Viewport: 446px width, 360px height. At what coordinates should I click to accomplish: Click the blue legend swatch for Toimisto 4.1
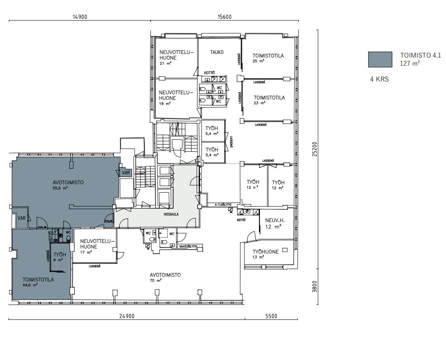point(380,59)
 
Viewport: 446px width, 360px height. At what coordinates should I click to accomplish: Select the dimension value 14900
point(80,17)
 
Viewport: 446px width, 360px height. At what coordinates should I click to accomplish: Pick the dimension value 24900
point(127,316)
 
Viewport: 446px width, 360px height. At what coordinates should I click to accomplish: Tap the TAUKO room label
point(217,52)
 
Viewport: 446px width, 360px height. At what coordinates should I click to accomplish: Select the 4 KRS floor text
point(379,80)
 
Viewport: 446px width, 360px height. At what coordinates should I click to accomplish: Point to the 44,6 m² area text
point(30,285)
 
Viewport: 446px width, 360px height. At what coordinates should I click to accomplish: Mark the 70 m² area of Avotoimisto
point(155,280)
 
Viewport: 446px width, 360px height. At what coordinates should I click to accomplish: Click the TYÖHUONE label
point(266,252)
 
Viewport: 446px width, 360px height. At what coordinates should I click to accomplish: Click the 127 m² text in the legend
point(410,64)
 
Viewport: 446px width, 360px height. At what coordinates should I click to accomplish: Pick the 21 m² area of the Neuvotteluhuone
point(165,63)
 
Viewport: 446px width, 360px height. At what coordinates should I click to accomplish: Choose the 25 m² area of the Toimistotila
point(258,61)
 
